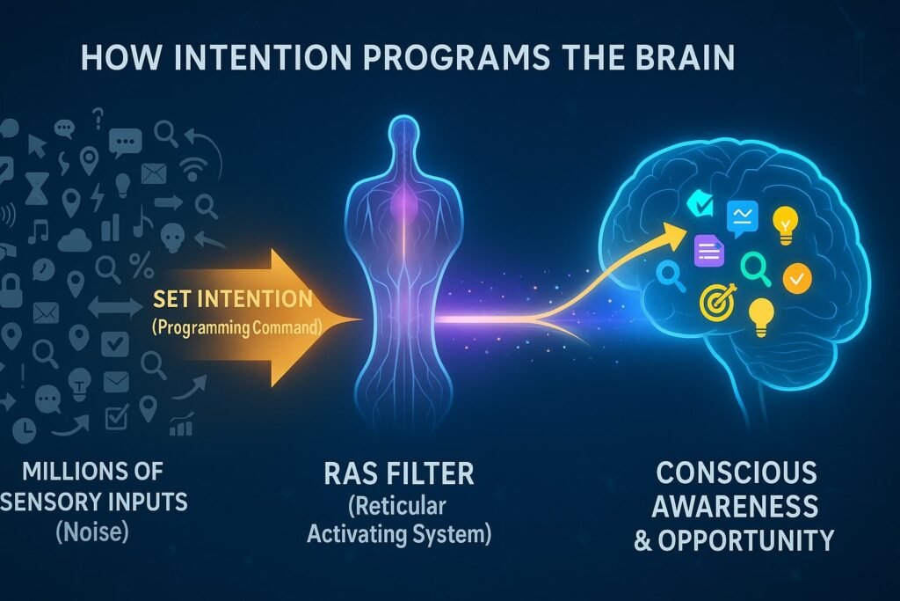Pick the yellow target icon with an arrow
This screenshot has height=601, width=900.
click(713, 302)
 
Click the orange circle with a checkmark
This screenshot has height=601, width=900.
click(797, 279)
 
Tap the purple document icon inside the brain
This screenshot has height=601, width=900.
click(708, 252)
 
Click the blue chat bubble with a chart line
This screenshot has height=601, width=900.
click(742, 215)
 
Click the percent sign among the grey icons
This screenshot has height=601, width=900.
click(140, 262)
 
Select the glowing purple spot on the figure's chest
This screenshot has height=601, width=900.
click(402, 197)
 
